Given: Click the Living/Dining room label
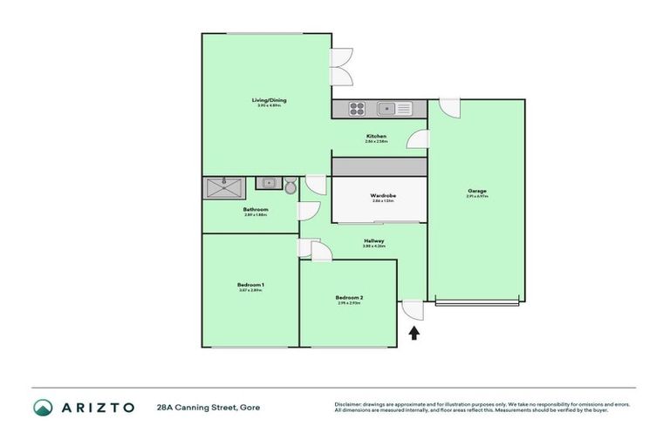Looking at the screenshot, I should click(x=269, y=100).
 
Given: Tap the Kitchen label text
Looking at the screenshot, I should click(x=376, y=137).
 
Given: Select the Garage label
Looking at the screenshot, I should click(x=476, y=191).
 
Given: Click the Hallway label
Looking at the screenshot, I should click(x=373, y=241).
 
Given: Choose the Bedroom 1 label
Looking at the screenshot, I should click(x=250, y=285).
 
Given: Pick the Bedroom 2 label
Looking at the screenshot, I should click(x=349, y=298).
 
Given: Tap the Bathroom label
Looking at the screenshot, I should click(x=255, y=210).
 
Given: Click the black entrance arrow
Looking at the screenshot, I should click(x=414, y=332).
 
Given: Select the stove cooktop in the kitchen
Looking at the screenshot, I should click(x=357, y=109).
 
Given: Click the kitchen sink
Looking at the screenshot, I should click(x=386, y=109).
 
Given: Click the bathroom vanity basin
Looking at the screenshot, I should click(x=269, y=184).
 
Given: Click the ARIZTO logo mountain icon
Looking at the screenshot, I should click(x=43, y=407).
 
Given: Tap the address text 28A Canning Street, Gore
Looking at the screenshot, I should click(x=208, y=407).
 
